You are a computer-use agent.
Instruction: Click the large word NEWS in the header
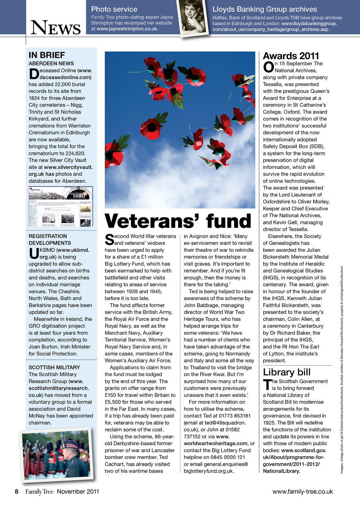click(x=56, y=28)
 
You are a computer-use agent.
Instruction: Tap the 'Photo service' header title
click(x=114, y=9)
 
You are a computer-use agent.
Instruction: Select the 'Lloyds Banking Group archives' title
click(x=264, y=9)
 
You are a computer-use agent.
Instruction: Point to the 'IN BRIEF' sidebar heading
click(x=47, y=55)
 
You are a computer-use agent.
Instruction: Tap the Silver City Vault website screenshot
click(x=61, y=207)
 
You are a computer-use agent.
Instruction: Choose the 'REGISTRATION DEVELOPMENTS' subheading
click(x=50, y=239)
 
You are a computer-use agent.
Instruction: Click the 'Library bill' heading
click(x=287, y=372)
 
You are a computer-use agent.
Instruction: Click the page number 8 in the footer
click(x=17, y=491)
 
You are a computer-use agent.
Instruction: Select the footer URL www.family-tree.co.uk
click(x=302, y=491)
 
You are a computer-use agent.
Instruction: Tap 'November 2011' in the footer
click(x=78, y=491)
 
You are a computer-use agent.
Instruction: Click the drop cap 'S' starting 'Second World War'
click(x=109, y=239)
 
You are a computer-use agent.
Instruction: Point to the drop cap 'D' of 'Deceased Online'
click(x=33, y=74)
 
